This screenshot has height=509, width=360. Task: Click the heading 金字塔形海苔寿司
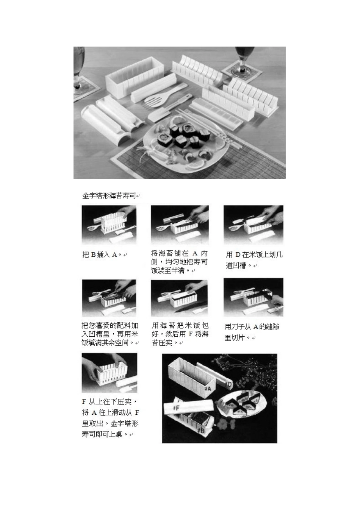109,196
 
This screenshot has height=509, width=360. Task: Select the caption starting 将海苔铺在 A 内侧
179,262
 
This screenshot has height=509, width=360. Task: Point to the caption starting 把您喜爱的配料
110,334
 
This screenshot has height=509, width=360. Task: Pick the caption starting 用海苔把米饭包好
180,334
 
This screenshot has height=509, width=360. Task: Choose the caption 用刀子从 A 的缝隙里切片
252,332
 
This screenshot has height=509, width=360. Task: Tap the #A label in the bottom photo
207,388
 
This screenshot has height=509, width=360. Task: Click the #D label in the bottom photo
229,385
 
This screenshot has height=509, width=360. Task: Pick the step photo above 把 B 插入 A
109,225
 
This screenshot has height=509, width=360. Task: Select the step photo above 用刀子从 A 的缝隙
253,297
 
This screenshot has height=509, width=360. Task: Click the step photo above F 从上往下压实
110,373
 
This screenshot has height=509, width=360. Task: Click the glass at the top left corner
79,68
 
